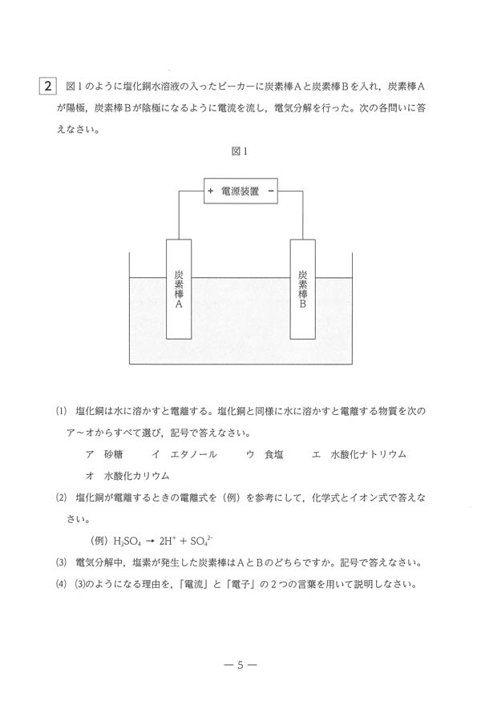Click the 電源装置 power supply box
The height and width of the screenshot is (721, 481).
tap(240, 191)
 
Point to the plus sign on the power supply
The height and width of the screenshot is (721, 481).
tap(211, 191)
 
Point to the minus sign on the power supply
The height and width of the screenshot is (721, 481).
tap(271, 191)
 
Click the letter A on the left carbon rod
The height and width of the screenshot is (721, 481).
tap(179, 305)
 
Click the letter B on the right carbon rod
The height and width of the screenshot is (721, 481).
tap(302, 305)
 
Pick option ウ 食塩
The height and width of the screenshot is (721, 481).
tap(261, 454)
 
